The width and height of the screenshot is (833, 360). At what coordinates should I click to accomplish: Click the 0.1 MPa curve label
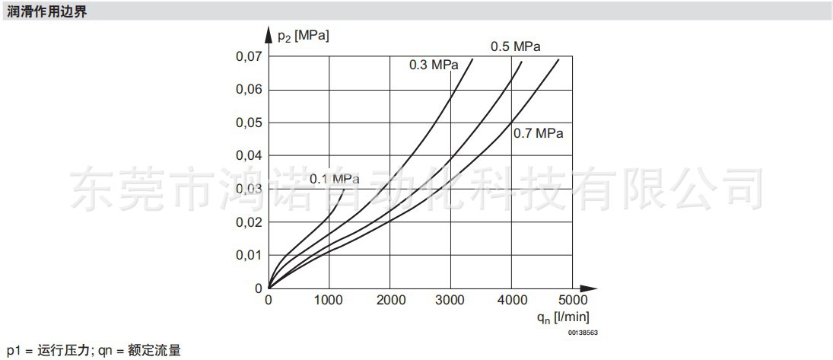(334, 179)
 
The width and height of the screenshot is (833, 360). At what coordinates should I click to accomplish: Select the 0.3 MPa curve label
(434, 65)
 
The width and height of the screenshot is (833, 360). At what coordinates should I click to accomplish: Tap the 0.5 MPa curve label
(515, 46)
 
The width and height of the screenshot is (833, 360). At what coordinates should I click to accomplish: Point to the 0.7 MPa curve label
(538, 133)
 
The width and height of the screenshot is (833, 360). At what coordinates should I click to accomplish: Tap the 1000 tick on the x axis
(329, 301)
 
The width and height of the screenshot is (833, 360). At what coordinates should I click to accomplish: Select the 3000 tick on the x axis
(450, 301)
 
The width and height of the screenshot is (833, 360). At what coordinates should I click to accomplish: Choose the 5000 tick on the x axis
(573, 301)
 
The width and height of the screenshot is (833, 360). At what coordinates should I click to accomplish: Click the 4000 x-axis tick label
(511, 301)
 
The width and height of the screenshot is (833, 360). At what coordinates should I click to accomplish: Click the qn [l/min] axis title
(562, 317)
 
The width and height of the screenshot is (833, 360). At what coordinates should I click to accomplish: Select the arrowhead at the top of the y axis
(269, 36)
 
